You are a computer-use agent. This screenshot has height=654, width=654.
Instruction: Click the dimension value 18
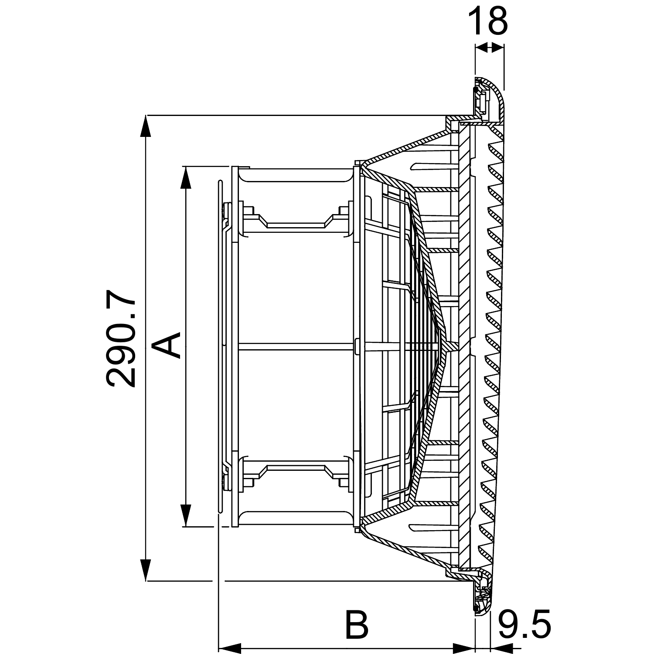pos(487,20)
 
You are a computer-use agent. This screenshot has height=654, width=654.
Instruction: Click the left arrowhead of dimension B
pos(229,647)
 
